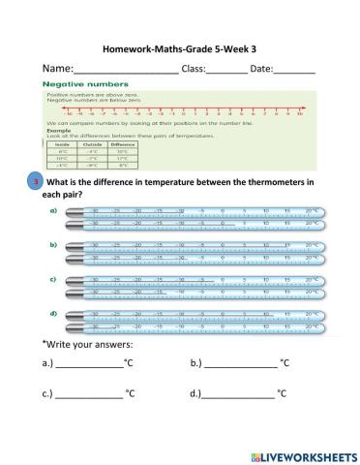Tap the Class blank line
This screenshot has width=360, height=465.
(226, 72)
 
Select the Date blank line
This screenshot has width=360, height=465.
(294, 72)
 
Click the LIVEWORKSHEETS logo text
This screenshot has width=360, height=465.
(304, 454)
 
